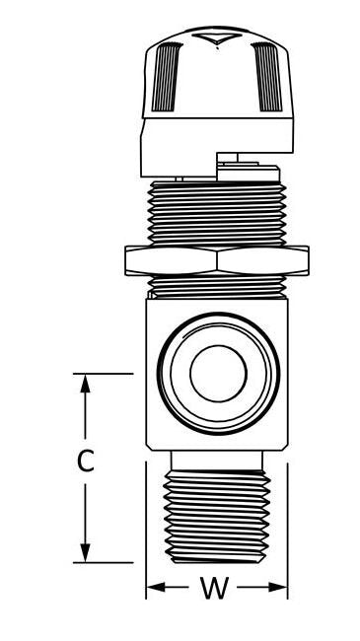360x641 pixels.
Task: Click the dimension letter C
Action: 87,461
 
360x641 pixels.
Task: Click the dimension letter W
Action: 214,589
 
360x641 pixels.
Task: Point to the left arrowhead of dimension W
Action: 154,589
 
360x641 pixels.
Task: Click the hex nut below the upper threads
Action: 218,261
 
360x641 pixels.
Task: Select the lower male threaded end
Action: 218,518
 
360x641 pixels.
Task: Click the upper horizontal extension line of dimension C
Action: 104,374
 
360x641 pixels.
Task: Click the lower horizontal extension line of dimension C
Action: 104,562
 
